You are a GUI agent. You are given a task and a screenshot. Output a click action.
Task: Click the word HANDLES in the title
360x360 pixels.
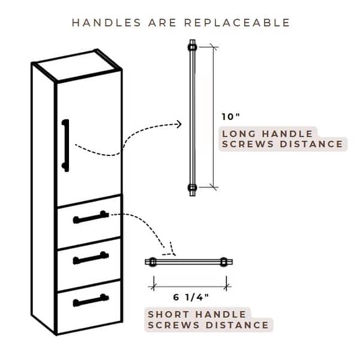[106, 23]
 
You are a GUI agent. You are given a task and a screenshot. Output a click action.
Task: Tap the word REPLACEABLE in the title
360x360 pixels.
[238, 23]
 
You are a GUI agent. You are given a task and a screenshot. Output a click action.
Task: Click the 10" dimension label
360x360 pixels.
[230, 116]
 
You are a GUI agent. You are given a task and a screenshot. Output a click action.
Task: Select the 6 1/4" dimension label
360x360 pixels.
[191, 298]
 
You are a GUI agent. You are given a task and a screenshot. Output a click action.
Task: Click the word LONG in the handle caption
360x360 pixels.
[239, 134]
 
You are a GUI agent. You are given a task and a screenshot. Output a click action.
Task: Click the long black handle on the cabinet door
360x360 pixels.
[65, 145]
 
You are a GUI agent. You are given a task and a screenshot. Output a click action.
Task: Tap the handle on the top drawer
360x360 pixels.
[91, 217]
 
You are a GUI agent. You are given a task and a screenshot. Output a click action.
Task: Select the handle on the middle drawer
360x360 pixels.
[91, 258]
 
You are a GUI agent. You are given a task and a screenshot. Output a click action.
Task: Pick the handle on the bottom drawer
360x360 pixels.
[91, 300]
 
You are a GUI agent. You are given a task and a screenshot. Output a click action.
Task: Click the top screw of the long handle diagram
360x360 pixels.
[193, 47]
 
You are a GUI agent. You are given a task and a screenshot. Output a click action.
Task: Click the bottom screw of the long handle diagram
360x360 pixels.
[193, 188]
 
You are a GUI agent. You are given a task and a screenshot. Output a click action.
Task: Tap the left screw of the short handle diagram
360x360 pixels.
[152, 262]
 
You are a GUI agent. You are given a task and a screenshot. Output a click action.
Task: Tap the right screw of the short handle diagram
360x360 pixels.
[224, 262]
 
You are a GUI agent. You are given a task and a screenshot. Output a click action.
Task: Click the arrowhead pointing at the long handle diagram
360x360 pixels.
[179, 124]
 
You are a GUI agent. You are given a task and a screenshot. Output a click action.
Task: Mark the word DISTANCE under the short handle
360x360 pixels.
[237, 325]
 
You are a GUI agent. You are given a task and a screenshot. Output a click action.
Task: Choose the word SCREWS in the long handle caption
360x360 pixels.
[248, 144]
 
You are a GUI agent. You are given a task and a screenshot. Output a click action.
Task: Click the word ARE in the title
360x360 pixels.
[163, 23]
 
